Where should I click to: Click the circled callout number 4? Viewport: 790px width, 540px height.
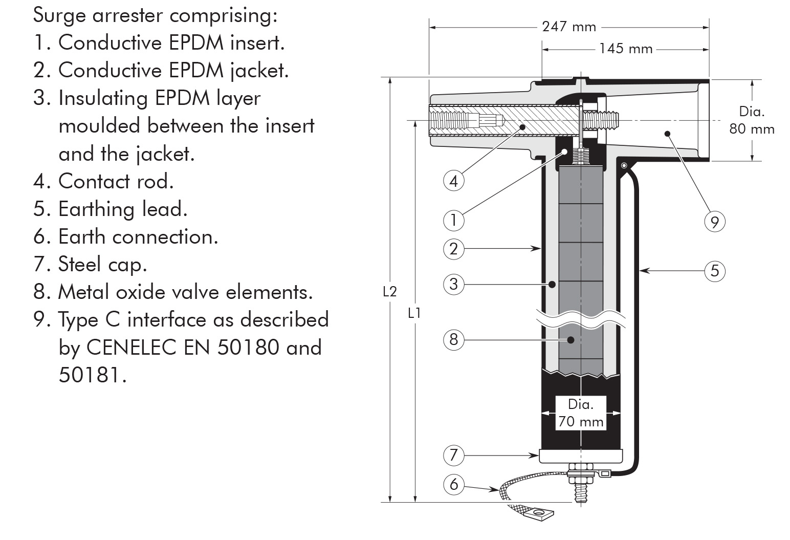(453, 181)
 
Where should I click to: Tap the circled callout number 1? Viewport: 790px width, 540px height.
(453, 220)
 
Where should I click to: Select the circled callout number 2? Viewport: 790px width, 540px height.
(453, 249)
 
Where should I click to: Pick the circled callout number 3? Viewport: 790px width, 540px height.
(453, 284)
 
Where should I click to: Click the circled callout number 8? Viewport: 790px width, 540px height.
(453, 339)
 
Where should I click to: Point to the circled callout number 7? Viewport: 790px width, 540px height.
(453, 455)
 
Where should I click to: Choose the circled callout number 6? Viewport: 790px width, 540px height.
(453, 484)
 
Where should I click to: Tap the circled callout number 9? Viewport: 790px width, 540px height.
(715, 222)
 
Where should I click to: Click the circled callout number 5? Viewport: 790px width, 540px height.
(715, 270)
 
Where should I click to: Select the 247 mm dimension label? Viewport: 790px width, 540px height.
(569, 27)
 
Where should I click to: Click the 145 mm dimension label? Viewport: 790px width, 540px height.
(626, 49)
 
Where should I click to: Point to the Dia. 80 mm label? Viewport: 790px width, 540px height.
(752, 120)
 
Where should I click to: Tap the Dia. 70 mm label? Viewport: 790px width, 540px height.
(581, 413)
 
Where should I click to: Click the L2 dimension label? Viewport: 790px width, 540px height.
(390, 292)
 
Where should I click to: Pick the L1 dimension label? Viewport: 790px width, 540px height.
(414, 313)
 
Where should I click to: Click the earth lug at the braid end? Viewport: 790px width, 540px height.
(537, 512)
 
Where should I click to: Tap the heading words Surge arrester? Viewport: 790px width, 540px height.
(98, 15)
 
